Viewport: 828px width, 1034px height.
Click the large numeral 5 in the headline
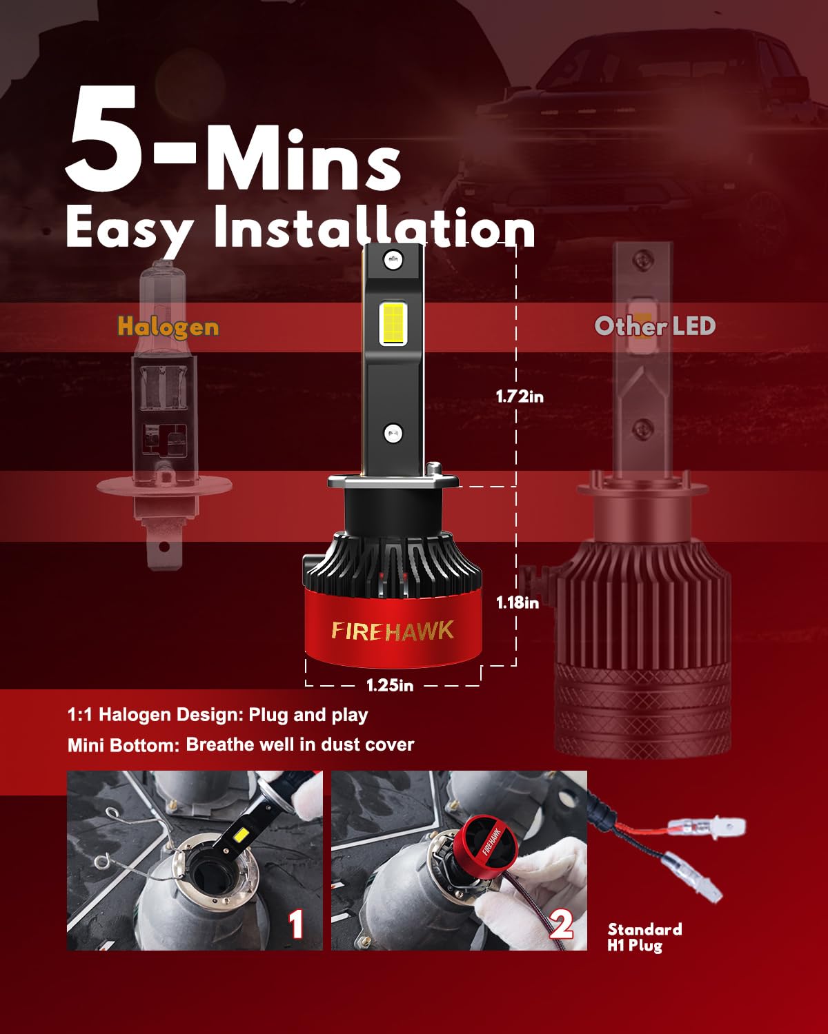click(x=103, y=139)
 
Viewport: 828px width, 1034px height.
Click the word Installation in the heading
click(x=375, y=227)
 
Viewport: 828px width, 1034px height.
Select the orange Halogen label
click(x=168, y=327)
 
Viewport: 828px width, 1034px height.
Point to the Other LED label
click(x=655, y=326)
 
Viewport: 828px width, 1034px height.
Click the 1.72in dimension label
click(x=520, y=397)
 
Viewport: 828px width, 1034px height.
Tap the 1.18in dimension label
click(x=517, y=602)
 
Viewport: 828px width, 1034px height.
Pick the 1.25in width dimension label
click(x=390, y=685)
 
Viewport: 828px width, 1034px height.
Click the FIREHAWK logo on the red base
click(x=393, y=631)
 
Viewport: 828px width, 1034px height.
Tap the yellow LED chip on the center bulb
click(x=393, y=324)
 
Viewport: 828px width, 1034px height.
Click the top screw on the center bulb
click(x=393, y=260)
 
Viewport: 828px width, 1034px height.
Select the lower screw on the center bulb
click(x=393, y=433)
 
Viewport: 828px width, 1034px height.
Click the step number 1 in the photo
click(x=296, y=924)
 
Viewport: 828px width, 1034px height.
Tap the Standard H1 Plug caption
click(x=644, y=937)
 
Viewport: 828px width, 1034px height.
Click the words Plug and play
click(x=308, y=715)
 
